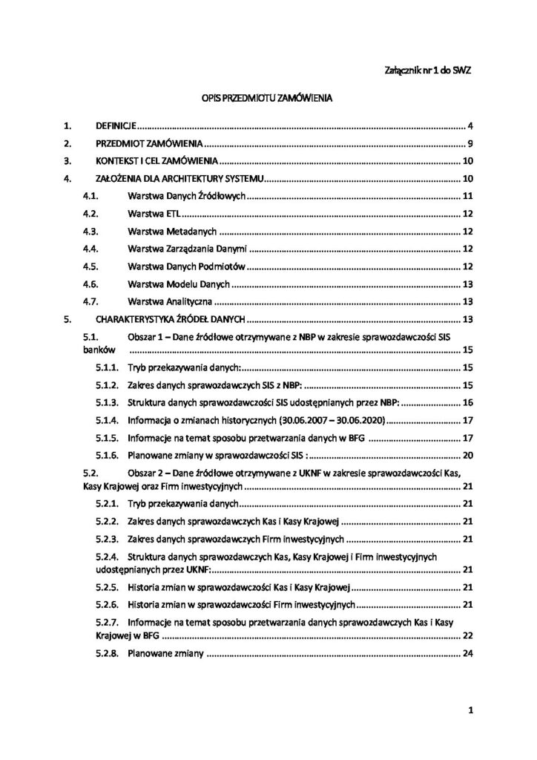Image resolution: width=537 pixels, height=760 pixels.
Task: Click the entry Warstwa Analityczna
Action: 170,302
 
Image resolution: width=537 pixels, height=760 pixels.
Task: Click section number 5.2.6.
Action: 108,605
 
